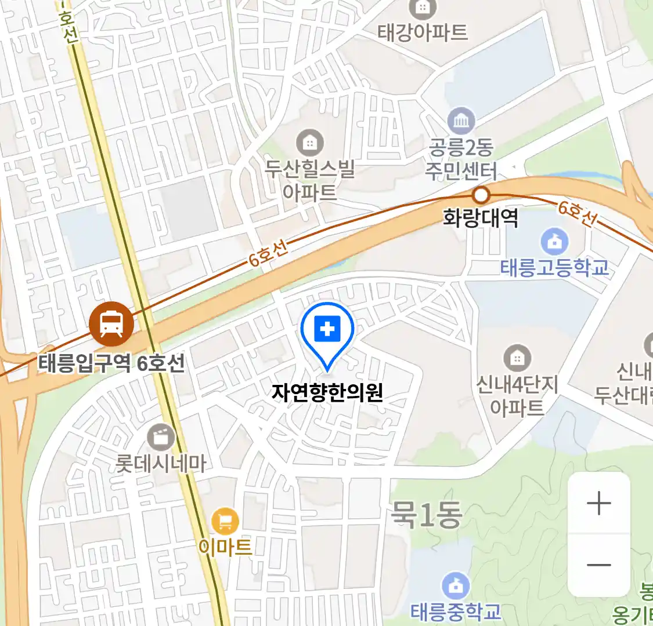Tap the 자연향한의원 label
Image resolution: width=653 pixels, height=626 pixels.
point(327,393)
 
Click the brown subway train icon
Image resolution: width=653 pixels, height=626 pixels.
point(111,323)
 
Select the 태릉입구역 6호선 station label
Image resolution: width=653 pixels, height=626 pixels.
point(111,363)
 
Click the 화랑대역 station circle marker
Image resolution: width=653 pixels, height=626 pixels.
point(481,195)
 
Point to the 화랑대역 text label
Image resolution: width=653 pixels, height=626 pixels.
point(481,218)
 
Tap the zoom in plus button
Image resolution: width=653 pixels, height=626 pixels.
point(598,503)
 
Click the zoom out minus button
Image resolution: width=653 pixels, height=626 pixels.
point(598,565)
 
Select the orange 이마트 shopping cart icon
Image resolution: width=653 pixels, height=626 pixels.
point(225,522)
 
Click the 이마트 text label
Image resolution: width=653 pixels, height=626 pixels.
point(225,547)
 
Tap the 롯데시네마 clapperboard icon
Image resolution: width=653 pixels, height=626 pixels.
point(161,437)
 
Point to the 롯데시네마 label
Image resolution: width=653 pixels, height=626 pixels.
point(161,464)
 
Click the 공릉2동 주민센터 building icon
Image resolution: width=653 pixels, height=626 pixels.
point(461,121)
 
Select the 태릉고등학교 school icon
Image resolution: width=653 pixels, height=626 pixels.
point(554,241)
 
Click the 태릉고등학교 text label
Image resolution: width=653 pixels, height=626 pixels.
point(554,267)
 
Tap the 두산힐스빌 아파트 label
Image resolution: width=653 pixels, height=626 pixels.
point(310,180)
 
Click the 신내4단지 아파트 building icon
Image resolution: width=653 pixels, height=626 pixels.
point(517,359)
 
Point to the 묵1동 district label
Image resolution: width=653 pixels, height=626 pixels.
point(427,514)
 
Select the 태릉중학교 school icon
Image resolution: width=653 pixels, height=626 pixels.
point(456,586)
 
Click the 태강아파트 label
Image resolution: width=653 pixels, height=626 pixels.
point(423,32)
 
